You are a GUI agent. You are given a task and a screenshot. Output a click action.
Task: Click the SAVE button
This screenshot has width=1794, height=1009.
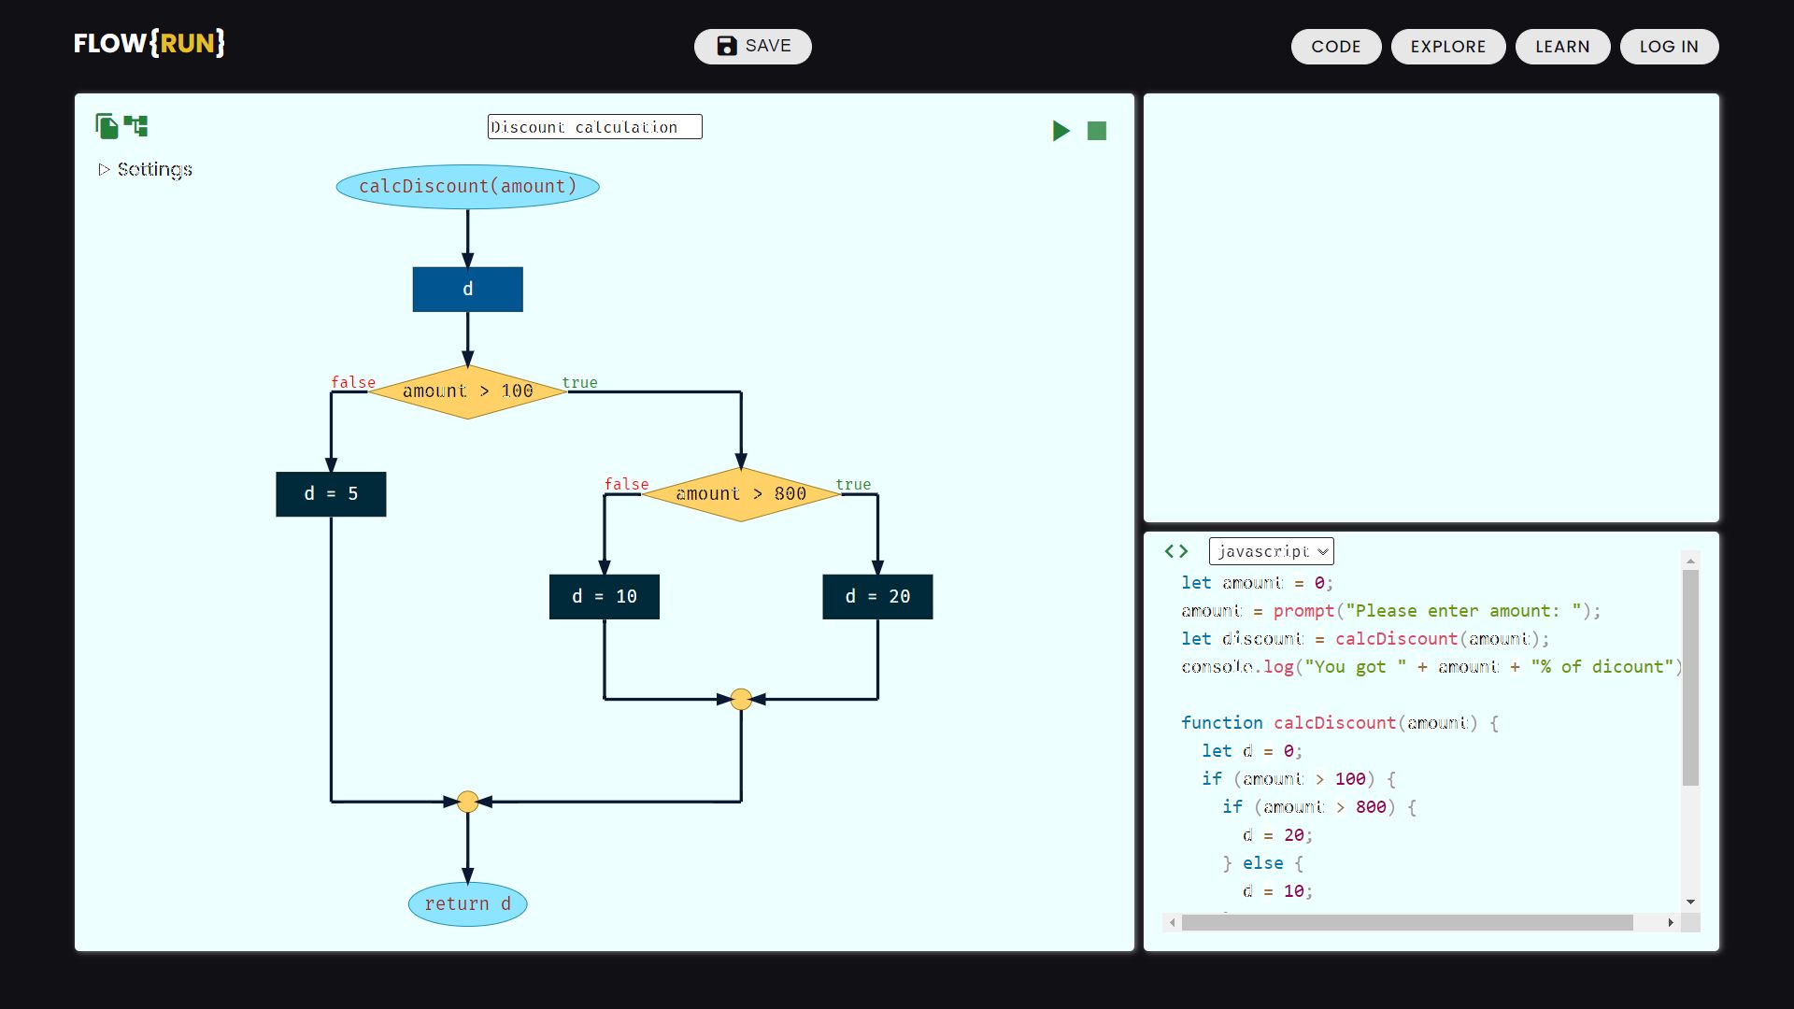[x=752, y=47]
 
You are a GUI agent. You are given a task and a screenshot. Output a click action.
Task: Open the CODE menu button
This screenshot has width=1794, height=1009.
[x=1335, y=47]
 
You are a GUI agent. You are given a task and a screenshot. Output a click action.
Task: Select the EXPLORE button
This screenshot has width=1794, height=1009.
[x=1447, y=47]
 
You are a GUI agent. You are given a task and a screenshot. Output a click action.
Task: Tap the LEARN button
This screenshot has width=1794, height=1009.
[x=1561, y=47]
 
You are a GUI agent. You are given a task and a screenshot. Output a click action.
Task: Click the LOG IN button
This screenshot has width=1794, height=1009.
[x=1668, y=47]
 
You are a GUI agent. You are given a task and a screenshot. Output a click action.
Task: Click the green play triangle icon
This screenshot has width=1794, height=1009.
[x=1061, y=131]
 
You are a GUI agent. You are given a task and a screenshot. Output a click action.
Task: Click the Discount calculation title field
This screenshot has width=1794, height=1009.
[x=594, y=127]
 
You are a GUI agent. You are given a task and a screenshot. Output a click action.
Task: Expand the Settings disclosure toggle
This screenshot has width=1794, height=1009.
[x=105, y=169]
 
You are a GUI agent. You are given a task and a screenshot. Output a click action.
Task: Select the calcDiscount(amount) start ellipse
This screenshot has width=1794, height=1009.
[x=467, y=187]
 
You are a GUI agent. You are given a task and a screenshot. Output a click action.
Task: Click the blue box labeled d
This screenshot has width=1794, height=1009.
[x=467, y=290]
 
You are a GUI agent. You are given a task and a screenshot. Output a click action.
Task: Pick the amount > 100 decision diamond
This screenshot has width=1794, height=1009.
[x=467, y=391]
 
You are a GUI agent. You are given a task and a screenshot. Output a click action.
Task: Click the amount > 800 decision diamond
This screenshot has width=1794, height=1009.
[x=741, y=494]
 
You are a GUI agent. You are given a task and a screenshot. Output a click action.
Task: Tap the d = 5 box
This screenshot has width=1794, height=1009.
[x=331, y=494]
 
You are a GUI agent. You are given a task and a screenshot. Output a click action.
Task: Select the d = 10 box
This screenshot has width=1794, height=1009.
[x=604, y=597]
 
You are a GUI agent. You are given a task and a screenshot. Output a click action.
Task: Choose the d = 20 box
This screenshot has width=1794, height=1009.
[x=877, y=597]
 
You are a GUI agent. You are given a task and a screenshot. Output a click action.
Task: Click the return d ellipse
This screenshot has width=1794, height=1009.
[x=467, y=904]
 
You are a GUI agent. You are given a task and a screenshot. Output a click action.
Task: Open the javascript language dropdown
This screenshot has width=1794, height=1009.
[x=1271, y=551]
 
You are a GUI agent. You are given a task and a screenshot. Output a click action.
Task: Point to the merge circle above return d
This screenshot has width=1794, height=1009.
[x=467, y=802]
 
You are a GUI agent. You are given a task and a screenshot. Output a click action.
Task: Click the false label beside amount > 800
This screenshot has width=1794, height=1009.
[x=625, y=484]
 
